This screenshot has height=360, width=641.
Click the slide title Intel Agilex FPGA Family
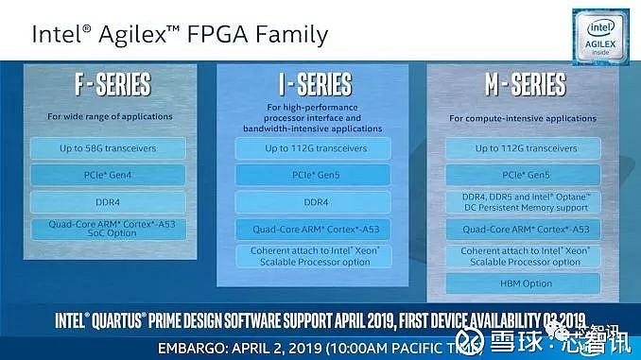(x=181, y=35)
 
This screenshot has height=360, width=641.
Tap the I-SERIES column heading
(x=316, y=84)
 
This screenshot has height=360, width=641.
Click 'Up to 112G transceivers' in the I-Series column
(x=316, y=148)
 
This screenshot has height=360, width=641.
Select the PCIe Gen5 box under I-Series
(x=316, y=176)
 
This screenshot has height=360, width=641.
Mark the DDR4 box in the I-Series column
(x=316, y=202)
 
